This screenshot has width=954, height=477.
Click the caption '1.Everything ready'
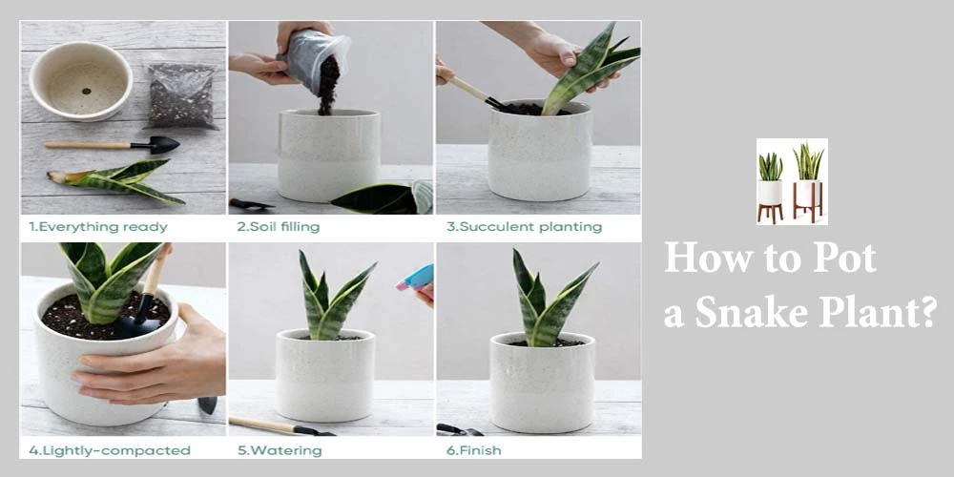coord(97,227)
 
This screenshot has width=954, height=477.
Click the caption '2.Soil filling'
coord(278,227)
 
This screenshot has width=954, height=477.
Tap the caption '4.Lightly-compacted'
coord(109,450)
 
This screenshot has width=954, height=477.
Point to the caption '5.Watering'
coord(271,450)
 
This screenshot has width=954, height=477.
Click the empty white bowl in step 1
coord(80,81)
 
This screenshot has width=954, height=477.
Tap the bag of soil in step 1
coord(180,96)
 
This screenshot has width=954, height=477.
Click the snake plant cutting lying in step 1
coord(119,180)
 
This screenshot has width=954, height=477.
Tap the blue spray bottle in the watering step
coord(418,279)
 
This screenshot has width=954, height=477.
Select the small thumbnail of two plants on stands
coord(792,181)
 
